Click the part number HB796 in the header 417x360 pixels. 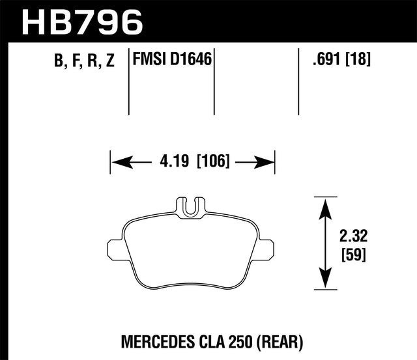(x=82, y=21)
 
